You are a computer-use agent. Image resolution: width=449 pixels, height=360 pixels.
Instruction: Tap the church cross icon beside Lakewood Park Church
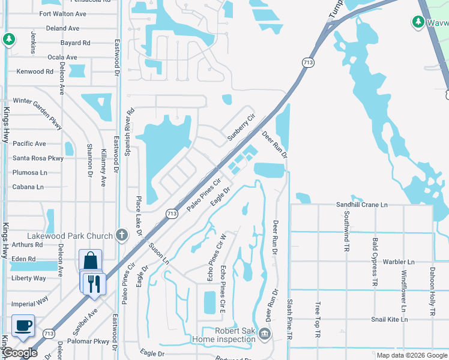point(122,234)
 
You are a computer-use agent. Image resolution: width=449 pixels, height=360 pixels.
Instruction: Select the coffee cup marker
point(23,326)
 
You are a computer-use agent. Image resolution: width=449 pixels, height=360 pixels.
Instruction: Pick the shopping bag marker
point(90,260)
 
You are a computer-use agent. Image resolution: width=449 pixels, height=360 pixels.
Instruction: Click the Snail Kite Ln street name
point(389,319)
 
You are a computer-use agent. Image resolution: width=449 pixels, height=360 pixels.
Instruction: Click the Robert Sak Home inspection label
point(224,335)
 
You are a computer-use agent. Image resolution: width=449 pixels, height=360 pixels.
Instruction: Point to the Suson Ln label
point(160,254)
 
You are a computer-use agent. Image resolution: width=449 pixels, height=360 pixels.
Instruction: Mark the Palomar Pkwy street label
point(93,342)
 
